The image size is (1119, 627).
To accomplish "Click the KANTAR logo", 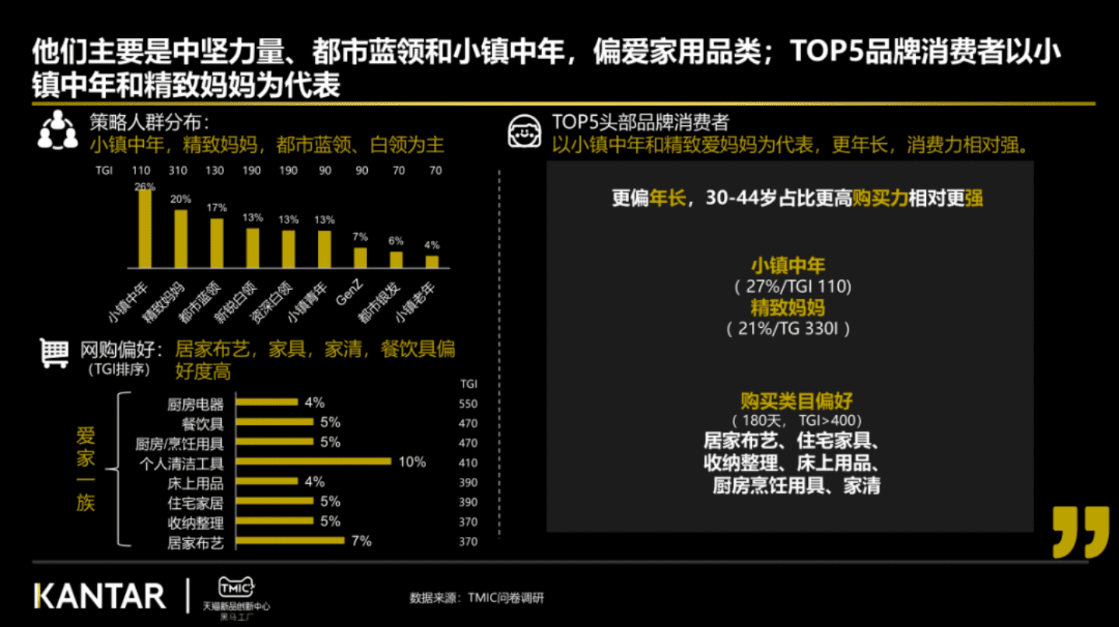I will click(100, 597).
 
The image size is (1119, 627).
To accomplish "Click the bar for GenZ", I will click(360, 258).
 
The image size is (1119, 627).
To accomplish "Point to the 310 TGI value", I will click(178, 170).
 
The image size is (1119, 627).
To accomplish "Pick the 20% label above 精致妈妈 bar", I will click(180, 200).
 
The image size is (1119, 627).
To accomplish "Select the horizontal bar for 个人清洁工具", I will click(313, 462).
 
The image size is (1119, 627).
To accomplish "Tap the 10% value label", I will click(412, 462).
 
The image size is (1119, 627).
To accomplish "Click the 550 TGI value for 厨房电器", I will click(468, 404).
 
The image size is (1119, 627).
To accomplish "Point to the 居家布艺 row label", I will click(195, 543).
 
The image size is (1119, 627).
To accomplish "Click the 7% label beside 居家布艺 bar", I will click(362, 541).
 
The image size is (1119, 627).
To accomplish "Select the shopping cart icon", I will click(54, 354).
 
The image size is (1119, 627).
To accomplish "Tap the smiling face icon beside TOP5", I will click(524, 133).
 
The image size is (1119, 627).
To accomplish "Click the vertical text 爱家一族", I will click(86, 469).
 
